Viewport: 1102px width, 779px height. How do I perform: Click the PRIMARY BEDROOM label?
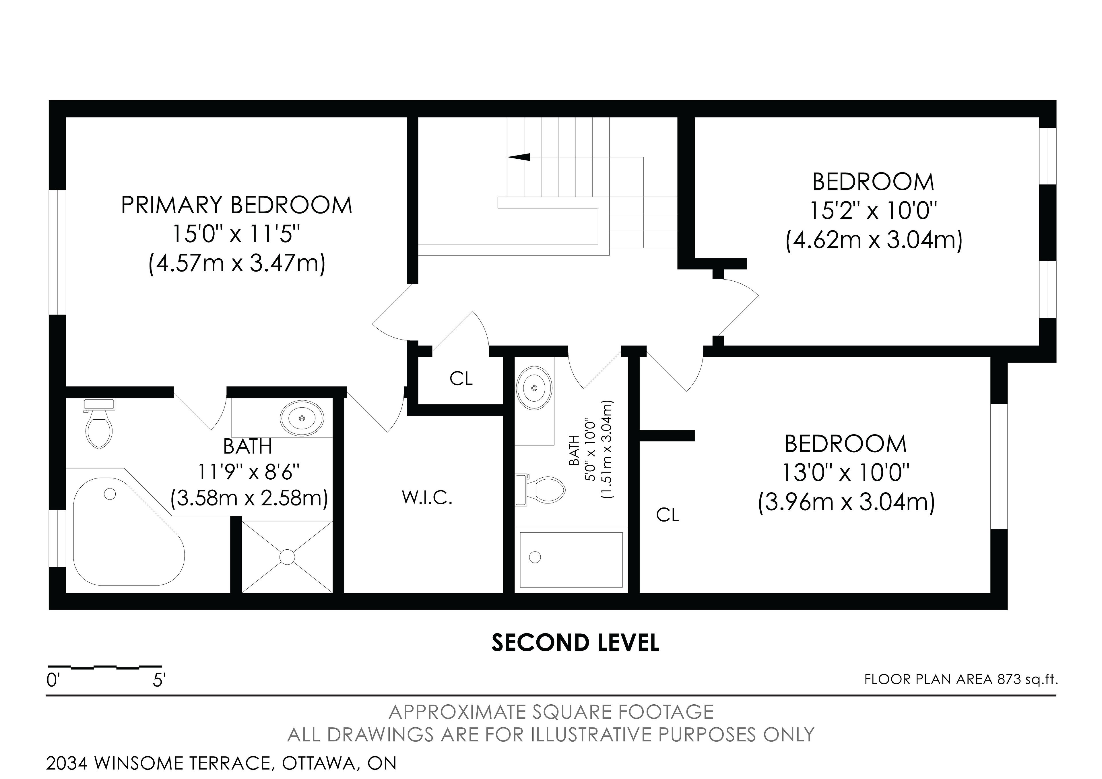click(x=237, y=205)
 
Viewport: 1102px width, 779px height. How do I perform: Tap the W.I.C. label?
click(x=427, y=498)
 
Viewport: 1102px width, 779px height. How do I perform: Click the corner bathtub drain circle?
click(x=110, y=494)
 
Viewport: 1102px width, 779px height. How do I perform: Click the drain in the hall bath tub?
click(x=535, y=557)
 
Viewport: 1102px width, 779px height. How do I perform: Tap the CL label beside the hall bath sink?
click(x=461, y=379)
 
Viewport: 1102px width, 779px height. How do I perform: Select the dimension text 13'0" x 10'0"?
click(x=846, y=473)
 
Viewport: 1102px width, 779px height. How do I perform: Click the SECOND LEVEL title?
click(x=575, y=643)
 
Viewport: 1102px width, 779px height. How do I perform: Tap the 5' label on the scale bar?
click(x=159, y=680)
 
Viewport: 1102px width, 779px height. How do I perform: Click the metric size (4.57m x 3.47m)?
click(x=237, y=263)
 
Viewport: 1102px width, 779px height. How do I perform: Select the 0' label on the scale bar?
click(x=52, y=680)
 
